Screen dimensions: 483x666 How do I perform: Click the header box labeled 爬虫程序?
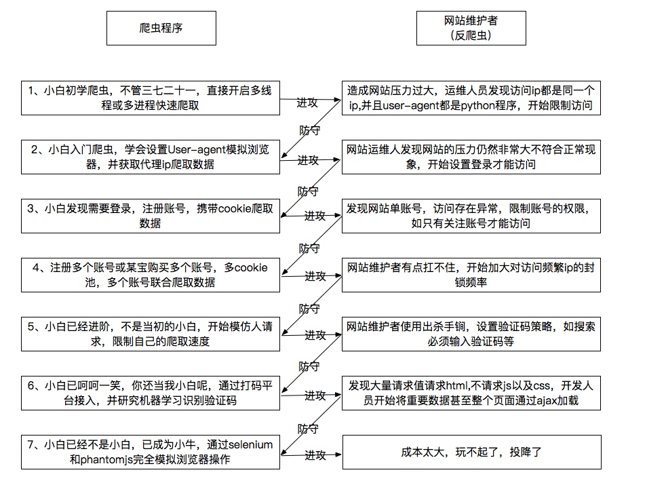pyautogui.click(x=161, y=28)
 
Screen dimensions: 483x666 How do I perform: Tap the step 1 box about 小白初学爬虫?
pyautogui.click(x=150, y=98)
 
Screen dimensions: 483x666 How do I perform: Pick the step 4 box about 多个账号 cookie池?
pyautogui.click(x=150, y=275)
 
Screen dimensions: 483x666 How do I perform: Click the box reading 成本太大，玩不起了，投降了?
pyautogui.click(x=471, y=452)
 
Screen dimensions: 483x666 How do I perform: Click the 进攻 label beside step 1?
pyautogui.click(x=307, y=102)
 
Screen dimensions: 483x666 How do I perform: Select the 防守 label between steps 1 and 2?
pyautogui.click(x=310, y=130)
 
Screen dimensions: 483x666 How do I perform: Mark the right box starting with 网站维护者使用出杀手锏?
pyautogui.click(x=471, y=334)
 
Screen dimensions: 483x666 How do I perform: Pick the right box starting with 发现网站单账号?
pyautogui.click(x=471, y=216)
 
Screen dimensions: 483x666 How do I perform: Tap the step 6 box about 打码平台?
pyautogui.click(x=150, y=393)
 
